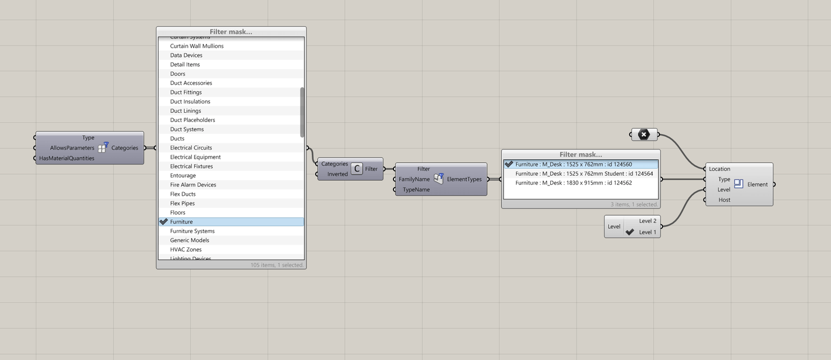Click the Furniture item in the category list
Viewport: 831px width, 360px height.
tap(181, 222)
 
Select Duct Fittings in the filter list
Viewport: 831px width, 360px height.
tap(186, 92)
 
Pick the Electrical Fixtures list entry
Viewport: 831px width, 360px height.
tap(191, 166)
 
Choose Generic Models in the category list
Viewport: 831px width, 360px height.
tap(189, 240)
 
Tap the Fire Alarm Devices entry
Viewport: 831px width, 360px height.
tap(193, 185)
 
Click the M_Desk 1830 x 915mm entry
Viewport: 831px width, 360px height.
tap(573, 183)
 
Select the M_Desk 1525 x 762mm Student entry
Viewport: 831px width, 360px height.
tap(584, 173)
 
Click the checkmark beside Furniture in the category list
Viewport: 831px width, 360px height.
tap(164, 222)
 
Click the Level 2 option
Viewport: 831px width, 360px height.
tap(647, 221)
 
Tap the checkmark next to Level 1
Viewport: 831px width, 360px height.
tap(630, 232)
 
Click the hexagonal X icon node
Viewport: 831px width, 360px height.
tap(644, 134)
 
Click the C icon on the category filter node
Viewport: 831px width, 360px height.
tap(356, 169)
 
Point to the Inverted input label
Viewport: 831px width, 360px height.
tap(337, 174)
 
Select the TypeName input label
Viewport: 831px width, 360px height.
tap(416, 189)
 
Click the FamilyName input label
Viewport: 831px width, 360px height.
tap(414, 179)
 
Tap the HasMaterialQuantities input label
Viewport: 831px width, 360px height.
tap(67, 158)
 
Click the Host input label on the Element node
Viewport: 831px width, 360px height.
tap(724, 200)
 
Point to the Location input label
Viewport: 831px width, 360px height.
tap(719, 169)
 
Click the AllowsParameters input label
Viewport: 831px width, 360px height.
tap(72, 148)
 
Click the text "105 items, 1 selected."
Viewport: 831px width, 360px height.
tap(276, 265)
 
